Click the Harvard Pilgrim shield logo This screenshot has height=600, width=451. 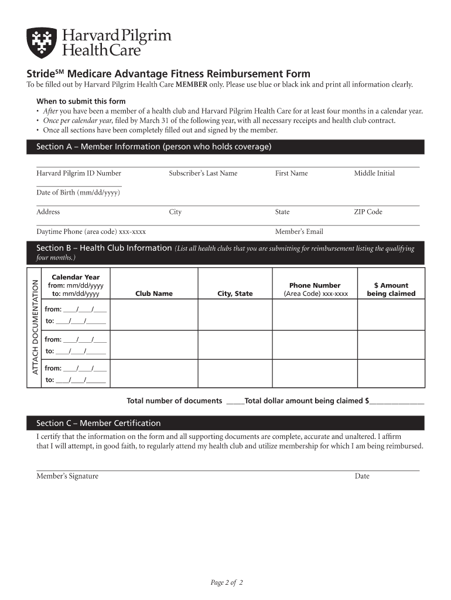click(x=42, y=43)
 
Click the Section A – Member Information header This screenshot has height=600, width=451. click(x=153, y=146)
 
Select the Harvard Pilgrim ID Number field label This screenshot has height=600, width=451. click(x=79, y=173)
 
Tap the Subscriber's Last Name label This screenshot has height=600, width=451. click(x=203, y=173)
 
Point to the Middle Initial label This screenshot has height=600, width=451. click(x=374, y=173)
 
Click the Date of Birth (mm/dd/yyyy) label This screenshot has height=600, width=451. click(x=78, y=193)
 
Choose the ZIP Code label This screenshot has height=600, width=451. click(x=368, y=212)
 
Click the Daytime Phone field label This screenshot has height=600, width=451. click(x=91, y=231)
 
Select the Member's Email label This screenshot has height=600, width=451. click(x=299, y=231)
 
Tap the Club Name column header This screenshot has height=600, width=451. click(x=154, y=294)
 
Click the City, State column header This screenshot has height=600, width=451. click(x=235, y=294)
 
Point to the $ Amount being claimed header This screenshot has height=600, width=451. click(x=391, y=289)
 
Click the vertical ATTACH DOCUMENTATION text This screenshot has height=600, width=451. click(x=35, y=327)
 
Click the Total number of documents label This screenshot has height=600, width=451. click(x=175, y=401)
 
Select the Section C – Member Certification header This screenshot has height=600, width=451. click(x=98, y=423)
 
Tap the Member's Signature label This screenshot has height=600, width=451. click(x=67, y=476)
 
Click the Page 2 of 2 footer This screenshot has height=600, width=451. click(x=227, y=582)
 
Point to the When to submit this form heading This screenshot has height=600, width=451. click(x=81, y=101)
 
